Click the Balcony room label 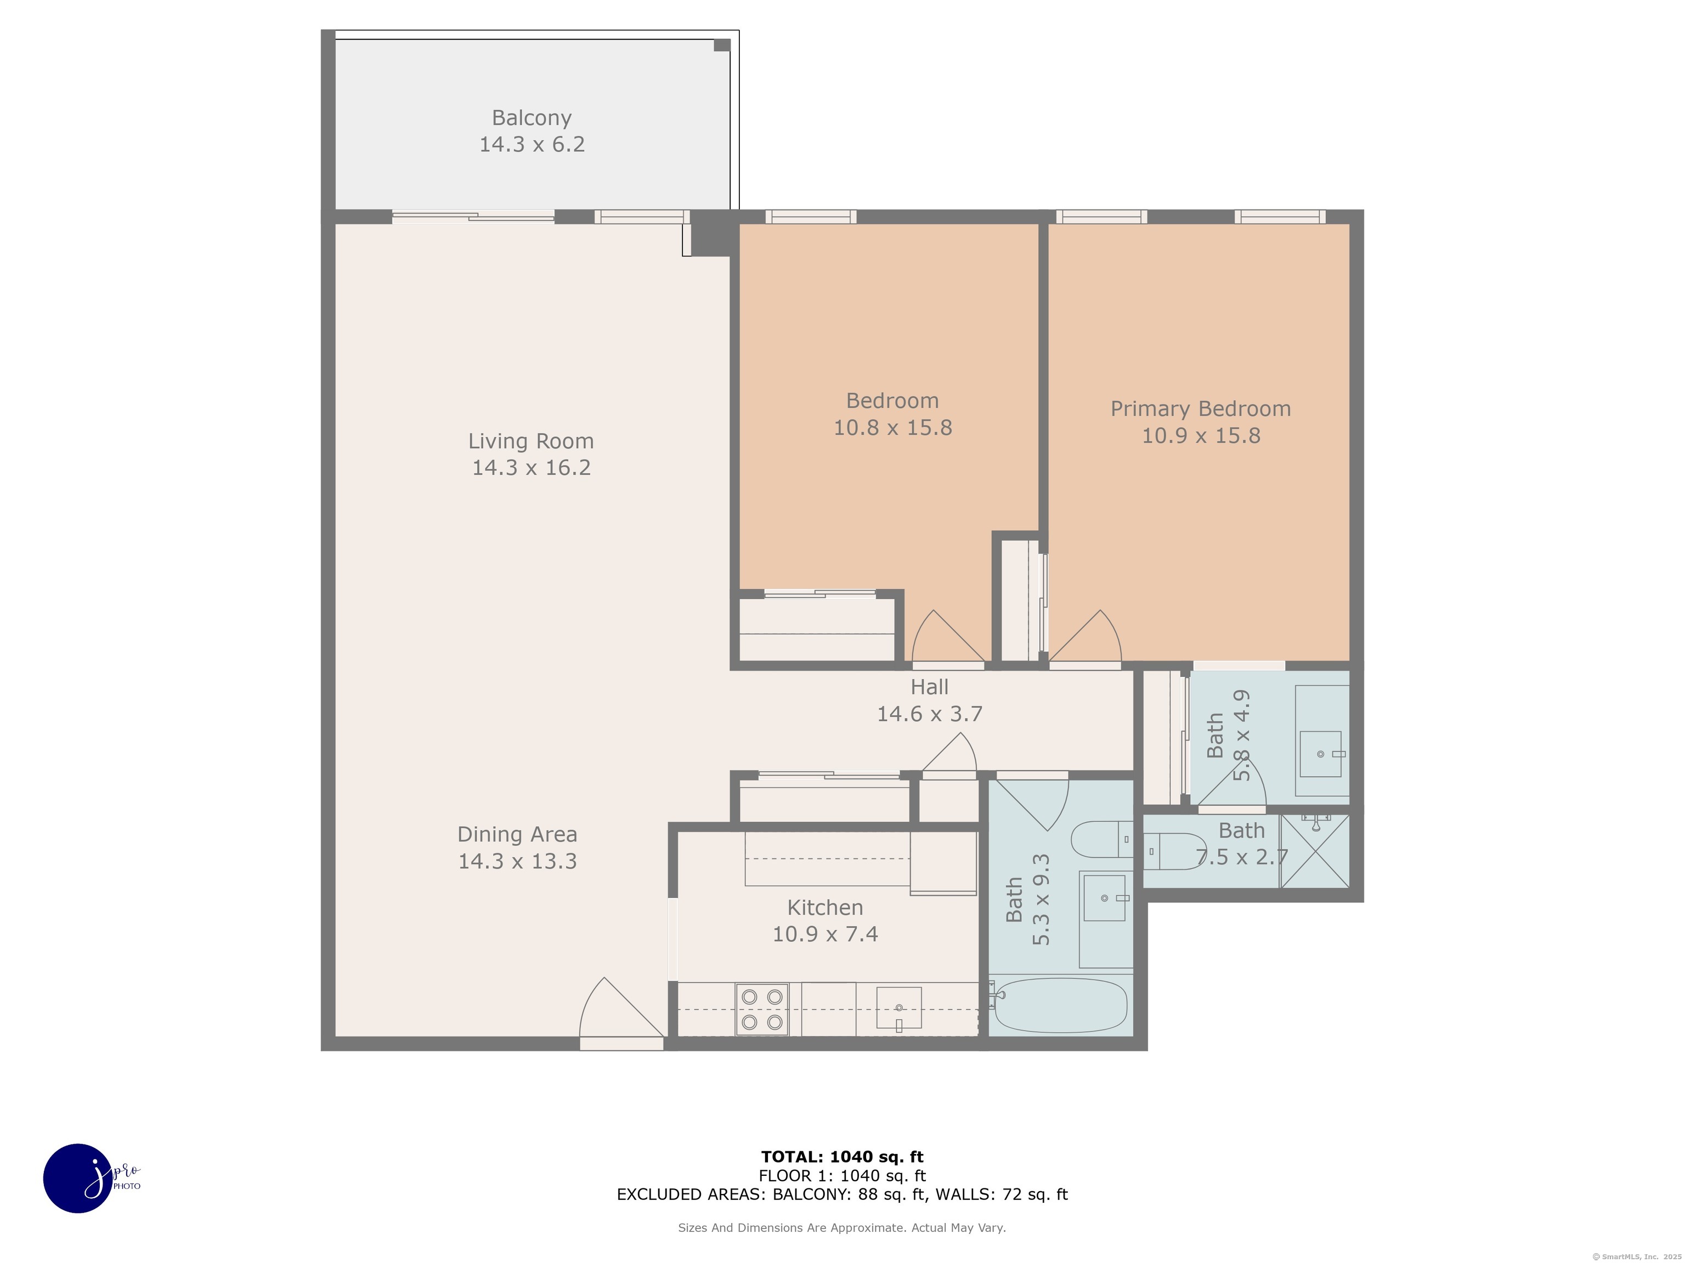[531, 118]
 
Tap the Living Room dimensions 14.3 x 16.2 [531, 468]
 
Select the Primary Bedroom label [1201, 409]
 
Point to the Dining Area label [517, 834]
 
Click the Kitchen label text [825, 907]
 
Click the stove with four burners [762, 1010]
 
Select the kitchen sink [899, 1009]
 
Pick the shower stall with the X [1315, 851]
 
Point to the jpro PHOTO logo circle [78, 1177]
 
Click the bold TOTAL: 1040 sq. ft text [842, 1157]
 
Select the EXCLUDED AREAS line [842, 1194]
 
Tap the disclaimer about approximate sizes [842, 1228]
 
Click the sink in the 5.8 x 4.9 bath [1321, 754]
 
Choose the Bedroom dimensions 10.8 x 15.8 [893, 428]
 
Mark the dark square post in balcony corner [721, 45]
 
